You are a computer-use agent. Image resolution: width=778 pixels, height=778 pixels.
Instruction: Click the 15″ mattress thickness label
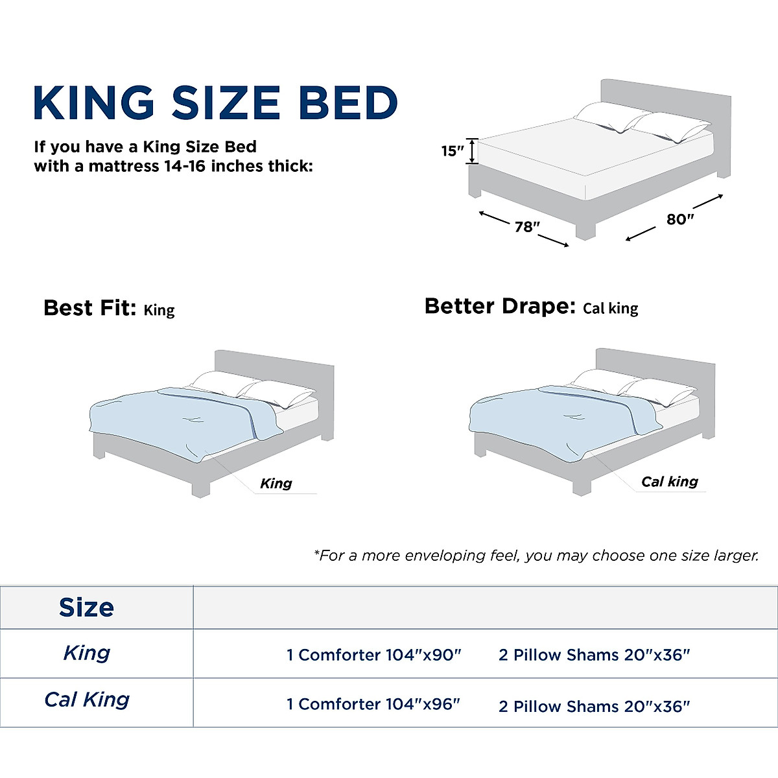[452, 151]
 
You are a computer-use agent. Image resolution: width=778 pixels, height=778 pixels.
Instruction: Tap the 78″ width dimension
[527, 227]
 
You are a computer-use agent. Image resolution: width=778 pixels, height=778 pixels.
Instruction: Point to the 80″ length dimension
[679, 219]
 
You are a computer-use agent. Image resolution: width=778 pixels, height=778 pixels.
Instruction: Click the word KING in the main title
[94, 102]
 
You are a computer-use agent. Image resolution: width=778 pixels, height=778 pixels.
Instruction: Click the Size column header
[86, 607]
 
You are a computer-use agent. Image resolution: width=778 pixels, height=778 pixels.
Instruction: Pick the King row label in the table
[87, 653]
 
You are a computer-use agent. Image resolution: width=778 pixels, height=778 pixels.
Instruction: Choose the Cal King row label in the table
[87, 700]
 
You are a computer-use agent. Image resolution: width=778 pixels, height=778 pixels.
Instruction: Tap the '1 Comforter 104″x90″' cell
[373, 655]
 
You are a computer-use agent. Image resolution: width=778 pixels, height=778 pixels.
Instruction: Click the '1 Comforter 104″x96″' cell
[373, 703]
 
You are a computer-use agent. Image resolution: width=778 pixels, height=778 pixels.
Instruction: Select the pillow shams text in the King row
[594, 655]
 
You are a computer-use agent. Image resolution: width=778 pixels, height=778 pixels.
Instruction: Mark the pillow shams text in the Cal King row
[594, 706]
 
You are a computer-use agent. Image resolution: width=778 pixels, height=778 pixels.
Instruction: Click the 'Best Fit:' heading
[89, 307]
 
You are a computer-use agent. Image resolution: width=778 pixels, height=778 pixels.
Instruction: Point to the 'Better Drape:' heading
[499, 306]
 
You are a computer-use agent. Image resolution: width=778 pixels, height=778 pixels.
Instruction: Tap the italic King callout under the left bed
[276, 483]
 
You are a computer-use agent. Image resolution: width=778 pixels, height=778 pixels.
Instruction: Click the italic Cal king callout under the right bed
[669, 481]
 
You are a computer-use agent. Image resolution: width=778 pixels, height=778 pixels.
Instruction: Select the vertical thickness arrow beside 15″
[473, 151]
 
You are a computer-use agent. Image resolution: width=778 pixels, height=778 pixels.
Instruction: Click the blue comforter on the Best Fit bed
[169, 421]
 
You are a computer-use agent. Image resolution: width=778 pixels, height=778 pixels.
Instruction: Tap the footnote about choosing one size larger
[536, 556]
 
